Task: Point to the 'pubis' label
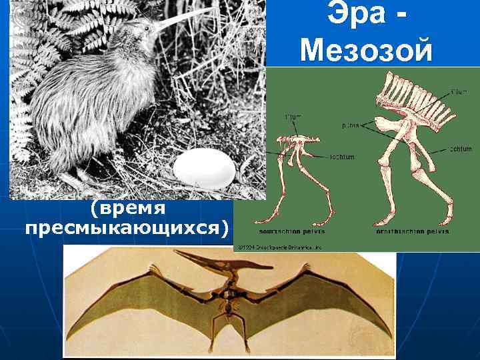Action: pyautogui.click(x=350, y=125)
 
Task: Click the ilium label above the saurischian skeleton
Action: pyautogui.click(x=293, y=117)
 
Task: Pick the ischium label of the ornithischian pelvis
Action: pyautogui.click(x=461, y=149)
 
